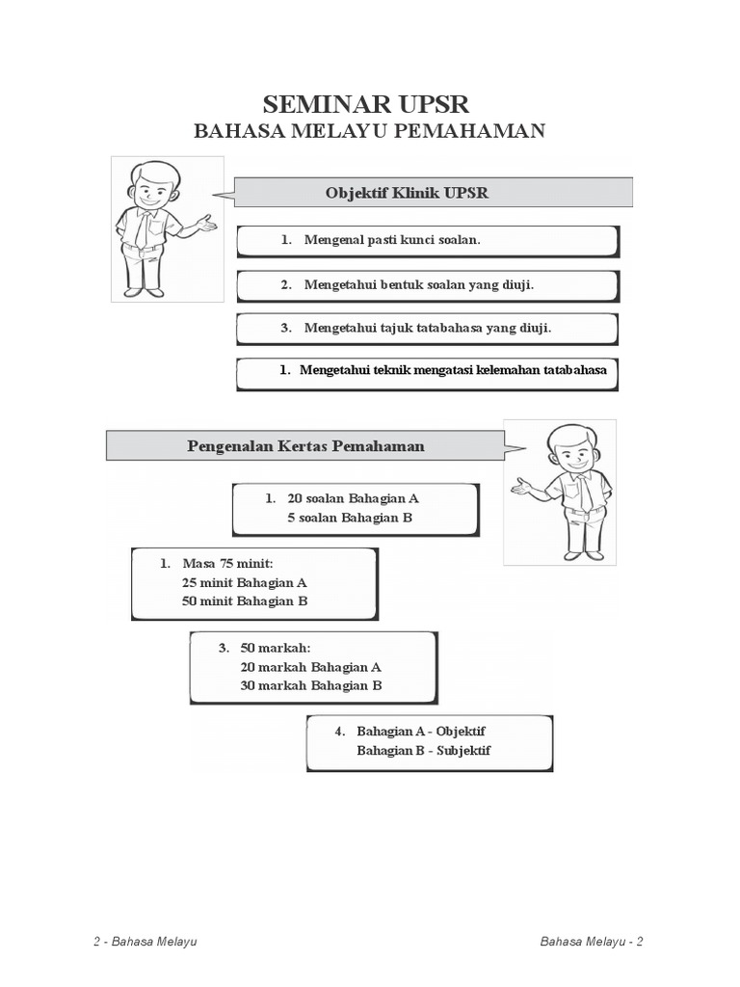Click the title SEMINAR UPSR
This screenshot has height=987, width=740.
tap(369, 104)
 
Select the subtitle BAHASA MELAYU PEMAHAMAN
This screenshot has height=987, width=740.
tap(369, 130)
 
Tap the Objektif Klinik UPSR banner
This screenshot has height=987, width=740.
tap(434, 193)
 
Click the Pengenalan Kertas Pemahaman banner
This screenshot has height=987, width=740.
tap(304, 446)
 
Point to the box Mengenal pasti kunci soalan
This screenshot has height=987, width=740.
tap(427, 240)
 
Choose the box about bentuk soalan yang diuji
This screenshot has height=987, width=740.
tap(427, 285)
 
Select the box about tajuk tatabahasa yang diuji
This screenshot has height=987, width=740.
tap(427, 329)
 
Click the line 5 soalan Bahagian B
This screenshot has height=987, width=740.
tap(349, 518)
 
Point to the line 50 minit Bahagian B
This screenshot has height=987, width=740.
tap(244, 600)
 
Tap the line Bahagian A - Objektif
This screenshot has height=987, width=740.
tap(421, 731)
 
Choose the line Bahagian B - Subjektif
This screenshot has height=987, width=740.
tap(423, 750)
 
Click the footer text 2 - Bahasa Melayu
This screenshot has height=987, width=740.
tap(145, 941)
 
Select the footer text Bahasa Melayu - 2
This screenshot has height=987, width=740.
tap(593, 941)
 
